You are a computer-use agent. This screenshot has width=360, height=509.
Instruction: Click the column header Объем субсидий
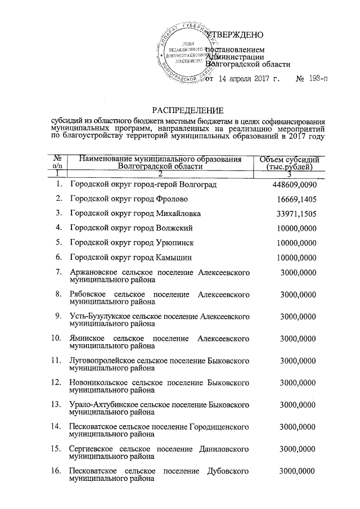[x=291, y=159]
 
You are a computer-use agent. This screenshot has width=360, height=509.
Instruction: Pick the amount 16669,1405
[x=294, y=199]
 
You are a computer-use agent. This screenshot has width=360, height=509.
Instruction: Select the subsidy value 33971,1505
[x=294, y=214]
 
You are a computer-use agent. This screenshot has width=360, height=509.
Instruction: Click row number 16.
[x=56, y=470]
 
